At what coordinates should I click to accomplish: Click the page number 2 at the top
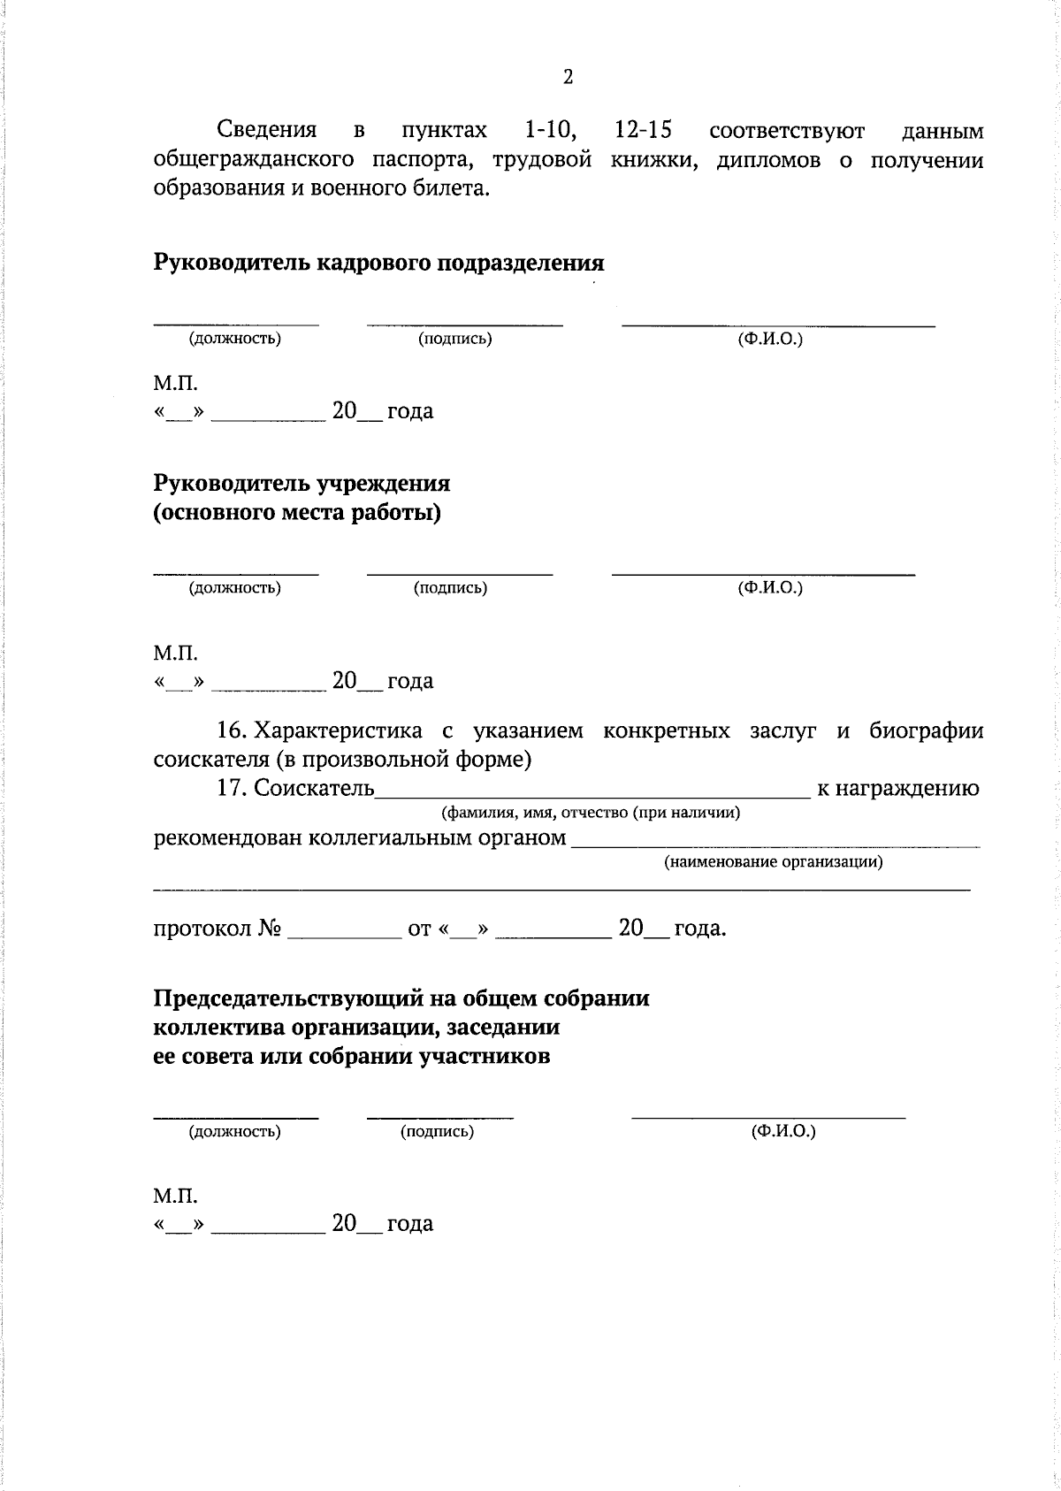point(568,77)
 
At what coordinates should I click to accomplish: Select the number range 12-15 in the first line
point(643,131)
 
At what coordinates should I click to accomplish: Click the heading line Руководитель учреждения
point(302,484)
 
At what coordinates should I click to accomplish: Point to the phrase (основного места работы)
point(297,513)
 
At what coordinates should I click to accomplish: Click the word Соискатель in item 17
point(315,788)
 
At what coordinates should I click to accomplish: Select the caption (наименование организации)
point(774,861)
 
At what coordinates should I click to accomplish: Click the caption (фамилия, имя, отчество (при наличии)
point(590,812)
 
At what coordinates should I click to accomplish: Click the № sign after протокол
point(270,929)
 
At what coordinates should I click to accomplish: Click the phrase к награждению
point(897,788)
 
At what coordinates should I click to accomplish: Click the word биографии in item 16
point(926,731)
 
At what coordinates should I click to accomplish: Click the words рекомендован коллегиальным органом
point(360,837)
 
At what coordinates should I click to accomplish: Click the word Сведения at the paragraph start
point(267,131)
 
